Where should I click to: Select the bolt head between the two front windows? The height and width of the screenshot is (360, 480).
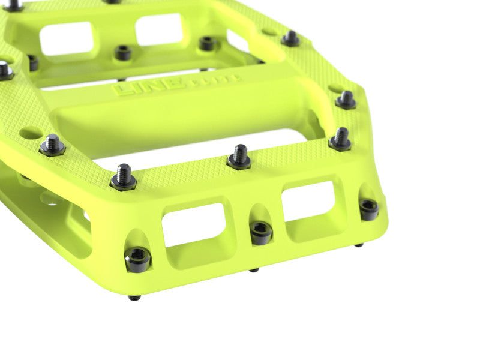pos(261,232)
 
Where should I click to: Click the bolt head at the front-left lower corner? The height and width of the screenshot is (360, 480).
pos(137,259)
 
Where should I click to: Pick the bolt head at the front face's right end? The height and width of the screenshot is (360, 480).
pos(368,209)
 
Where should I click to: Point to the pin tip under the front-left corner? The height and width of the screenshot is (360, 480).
pos(134,298)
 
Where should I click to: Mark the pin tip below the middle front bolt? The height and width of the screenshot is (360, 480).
pos(254,269)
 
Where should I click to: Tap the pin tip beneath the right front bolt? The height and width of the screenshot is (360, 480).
pos(359,245)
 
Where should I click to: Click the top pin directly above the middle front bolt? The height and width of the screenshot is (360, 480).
pos(239,157)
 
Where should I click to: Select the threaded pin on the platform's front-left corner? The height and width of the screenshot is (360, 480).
pos(124,177)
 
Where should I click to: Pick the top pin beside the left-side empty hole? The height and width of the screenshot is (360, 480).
pos(53,145)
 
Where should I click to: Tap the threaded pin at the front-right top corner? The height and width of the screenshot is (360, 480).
pos(341,139)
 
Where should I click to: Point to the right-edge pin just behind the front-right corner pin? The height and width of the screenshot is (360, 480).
pos(346,100)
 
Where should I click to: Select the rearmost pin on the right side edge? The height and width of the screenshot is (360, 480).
pos(291,39)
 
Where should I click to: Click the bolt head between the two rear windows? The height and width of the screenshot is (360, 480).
pos(122,53)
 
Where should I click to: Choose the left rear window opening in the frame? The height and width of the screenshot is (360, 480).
pos(67,38)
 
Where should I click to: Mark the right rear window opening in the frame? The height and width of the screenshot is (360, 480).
pos(159,29)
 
